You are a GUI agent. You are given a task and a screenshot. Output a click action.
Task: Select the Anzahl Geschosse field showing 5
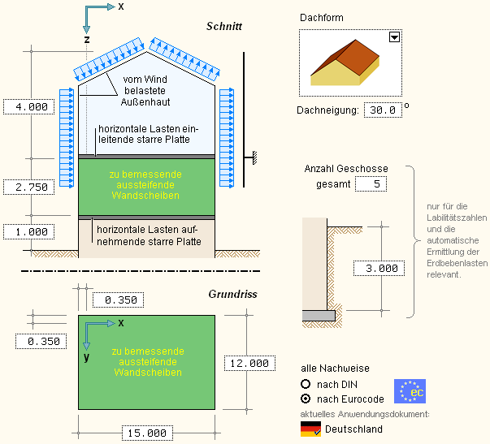[377, 185]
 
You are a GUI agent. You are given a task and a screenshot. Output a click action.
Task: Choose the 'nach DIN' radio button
[306, 383]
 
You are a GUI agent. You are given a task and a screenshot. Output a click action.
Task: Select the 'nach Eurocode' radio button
[306, 399]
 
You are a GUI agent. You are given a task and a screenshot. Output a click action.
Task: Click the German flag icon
[310, 429]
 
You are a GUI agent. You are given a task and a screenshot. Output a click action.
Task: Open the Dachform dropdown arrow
[394, 37]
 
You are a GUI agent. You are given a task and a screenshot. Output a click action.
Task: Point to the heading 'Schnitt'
[224, 27]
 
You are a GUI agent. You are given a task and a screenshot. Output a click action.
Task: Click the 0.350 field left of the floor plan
[43, 342]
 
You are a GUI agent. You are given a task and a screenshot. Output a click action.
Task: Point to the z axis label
[86, 38]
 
